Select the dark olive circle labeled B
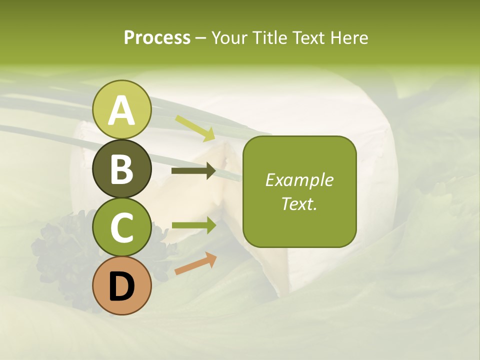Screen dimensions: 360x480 (x=122, y=168)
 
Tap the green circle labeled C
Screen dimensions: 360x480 (x=122, y=227)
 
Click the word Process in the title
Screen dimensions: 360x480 (x=157, y=38)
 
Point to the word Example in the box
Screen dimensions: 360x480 (x=299, y=180)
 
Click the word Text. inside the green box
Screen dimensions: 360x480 (x=299, y=204)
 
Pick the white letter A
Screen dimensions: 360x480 (x=122, y=110)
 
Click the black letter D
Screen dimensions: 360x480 (x=122, y=287)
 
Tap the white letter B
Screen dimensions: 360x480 (x=122, y=169)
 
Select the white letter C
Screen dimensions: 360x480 (x=122, y=228)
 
